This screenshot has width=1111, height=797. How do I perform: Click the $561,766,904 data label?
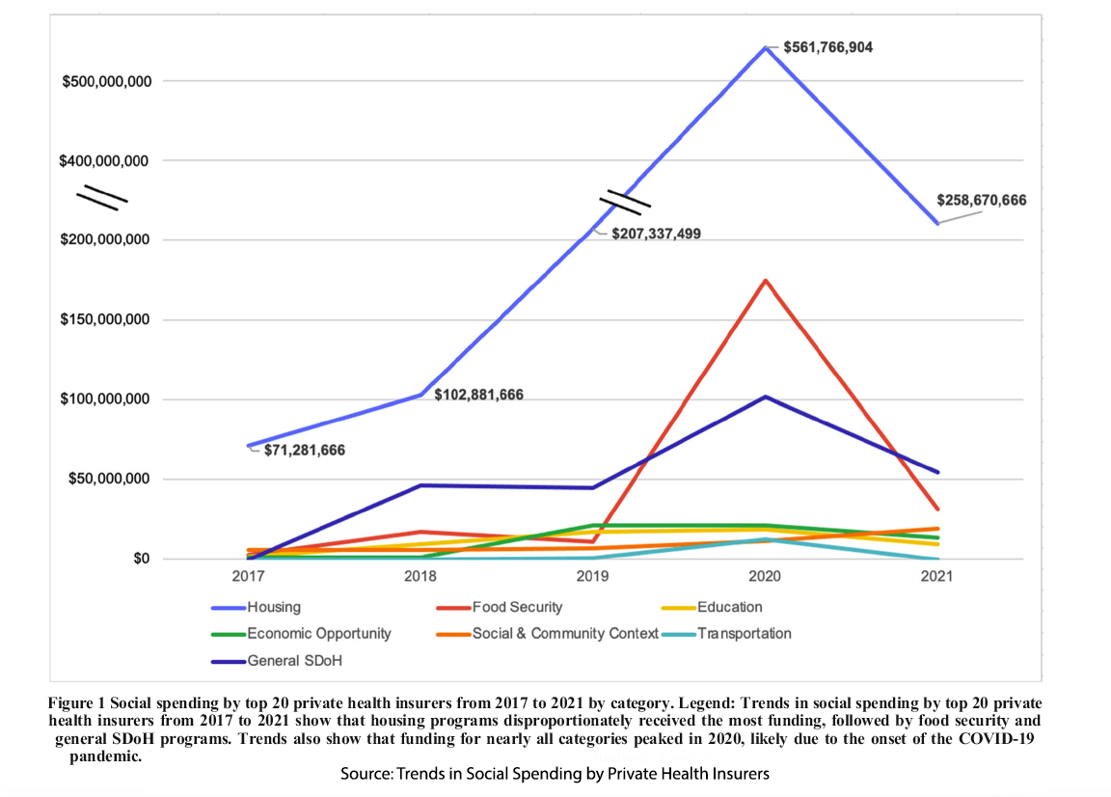[827, 46]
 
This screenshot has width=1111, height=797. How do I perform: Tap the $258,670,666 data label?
[981, 201]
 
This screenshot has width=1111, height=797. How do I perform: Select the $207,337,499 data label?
[655, 234]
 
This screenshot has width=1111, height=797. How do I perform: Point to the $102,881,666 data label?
[478, 395]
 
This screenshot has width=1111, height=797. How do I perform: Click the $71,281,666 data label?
[304, 451]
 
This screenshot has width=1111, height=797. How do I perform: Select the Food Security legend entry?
[516, 607]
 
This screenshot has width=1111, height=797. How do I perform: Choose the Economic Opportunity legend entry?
[318, 633]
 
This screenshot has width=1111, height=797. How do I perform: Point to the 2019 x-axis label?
[592, 577]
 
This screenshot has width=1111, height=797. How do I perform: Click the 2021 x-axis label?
[936, 577]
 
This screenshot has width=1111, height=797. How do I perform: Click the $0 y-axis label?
[141, 560]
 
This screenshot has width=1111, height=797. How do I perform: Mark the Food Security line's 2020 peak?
[765, 281]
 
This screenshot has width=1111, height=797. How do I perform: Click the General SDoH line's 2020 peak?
[765, 397]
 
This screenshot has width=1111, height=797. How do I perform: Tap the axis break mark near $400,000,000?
[103, 197]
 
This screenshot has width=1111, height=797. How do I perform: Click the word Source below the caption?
[363, 774]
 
